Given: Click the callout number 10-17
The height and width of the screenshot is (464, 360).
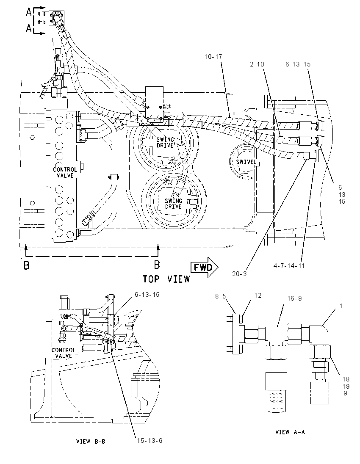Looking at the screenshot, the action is point(213,57).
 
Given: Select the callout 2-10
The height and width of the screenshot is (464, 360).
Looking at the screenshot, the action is point(257,64).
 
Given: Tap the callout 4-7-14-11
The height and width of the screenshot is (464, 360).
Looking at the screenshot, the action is point(289,265).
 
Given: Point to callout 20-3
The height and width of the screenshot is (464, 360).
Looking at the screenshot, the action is point(239,274).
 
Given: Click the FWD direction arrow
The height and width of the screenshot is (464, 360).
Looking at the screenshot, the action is point(205,267).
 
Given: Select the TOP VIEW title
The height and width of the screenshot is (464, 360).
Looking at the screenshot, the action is point(166,279).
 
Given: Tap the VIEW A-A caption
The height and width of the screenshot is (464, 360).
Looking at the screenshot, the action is point(290,432).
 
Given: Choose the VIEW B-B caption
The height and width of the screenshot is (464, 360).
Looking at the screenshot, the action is point(91,442).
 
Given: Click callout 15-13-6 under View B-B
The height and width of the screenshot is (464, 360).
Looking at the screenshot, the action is point(150,441).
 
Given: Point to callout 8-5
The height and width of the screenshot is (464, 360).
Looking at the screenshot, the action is point(221,296).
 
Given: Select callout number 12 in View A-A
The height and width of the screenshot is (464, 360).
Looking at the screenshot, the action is point(258,296).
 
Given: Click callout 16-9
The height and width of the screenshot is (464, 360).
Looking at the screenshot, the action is point(295,298).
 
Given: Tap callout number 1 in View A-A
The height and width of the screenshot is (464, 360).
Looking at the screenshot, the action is point(341,306).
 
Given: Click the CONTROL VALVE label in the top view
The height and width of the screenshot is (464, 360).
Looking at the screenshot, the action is point(65,173).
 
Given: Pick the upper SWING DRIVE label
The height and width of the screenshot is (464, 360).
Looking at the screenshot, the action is point(165,143).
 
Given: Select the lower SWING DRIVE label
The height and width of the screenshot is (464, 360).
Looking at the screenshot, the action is point(174,204).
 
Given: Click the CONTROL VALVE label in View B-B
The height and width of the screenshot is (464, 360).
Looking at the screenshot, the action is point(63,353).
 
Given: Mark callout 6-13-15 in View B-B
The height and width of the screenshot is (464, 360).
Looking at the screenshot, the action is point(147,295).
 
